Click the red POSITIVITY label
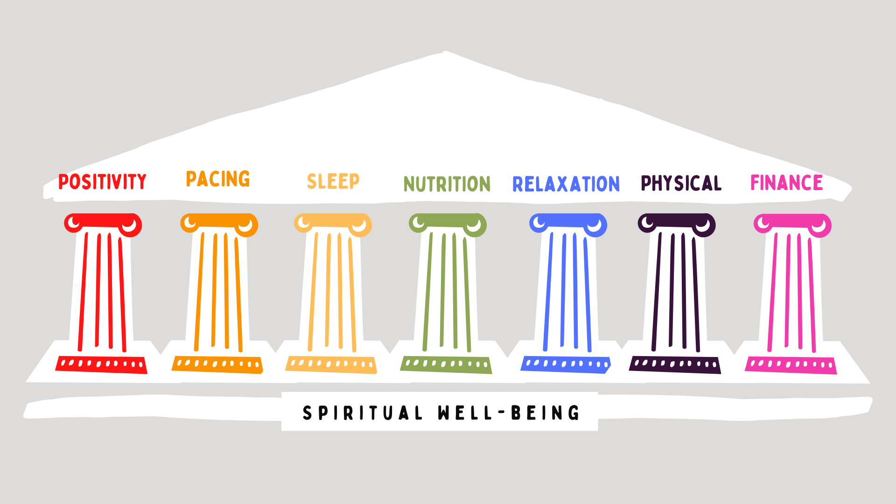pyautogui.click(x=102, y=182)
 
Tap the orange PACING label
pyautogui.click(x=218, y=179)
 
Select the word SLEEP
pyautogui.click(x=333, y=181)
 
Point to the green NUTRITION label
pyautogui.click(x=447, y=184)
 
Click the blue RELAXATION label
pyautogui.click(x=566, y=184)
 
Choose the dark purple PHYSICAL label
pyautogui.click(x=681, y=183)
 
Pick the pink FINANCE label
pyautogui.click(x=787, y=182)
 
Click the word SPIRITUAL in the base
pyautogui.click(x=363, y=413)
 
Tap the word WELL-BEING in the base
pyautogui.click(x=509, y=413)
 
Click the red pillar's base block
pyautogui.click(x=101, y=364)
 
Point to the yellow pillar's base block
pyautogui.click(x=331, y=364)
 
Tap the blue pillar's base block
pyautogui.click(x=566, y=364)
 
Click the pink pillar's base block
pyautogui.click(x=791, y=365)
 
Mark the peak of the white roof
pyautogui.click(x=446, y=53)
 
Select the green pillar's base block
pyautogui.click(x=446, y=364)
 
